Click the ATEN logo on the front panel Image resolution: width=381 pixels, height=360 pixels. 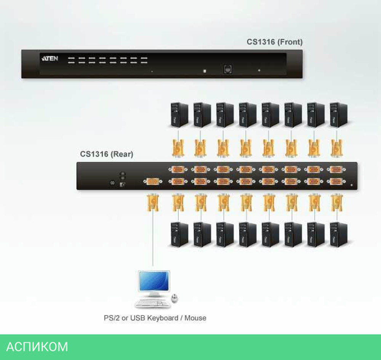click(50, 59)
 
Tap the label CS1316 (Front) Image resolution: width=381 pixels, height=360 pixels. click(274, 42)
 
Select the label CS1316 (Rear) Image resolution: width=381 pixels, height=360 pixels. click(106, 154)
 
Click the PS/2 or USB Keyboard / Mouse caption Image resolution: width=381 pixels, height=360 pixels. click(155, 317)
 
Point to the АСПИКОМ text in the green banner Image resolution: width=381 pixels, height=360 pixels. click(37, 347)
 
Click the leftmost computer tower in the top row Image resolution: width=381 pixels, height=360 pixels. click(179, 115)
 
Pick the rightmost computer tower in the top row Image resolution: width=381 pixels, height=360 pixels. click(338, 115)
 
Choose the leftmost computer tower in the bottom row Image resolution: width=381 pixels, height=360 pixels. click(179, 234)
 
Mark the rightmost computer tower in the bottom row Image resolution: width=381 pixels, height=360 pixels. click(338, 234)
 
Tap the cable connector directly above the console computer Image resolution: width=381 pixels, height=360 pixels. click(153, 202)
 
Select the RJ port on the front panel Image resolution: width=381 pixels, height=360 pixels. click(227, 69)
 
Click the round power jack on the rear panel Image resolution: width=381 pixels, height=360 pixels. click(112, 183)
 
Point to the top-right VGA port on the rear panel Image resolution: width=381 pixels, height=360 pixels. click(336, 169)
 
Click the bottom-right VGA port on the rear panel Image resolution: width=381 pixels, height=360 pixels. click(336, 182)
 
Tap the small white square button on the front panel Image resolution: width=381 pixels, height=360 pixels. click(205, 71)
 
